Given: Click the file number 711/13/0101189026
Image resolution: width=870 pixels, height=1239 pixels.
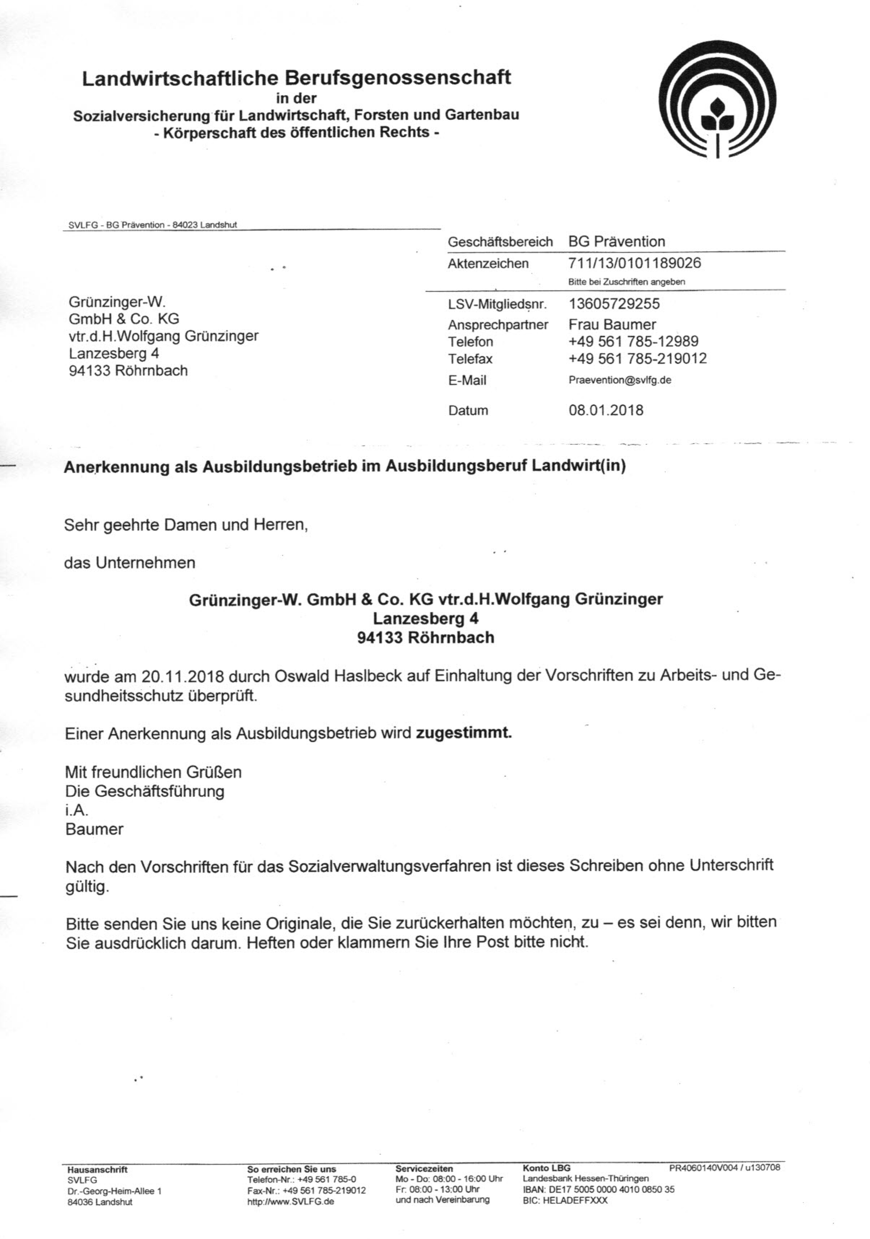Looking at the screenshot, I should point(635,263).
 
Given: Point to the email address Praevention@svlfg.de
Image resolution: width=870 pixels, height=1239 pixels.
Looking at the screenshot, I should point(620,380).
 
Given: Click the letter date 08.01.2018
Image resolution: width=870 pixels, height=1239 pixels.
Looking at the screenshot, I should point(606,410).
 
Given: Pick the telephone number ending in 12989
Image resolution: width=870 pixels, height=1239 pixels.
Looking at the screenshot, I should point(633,342).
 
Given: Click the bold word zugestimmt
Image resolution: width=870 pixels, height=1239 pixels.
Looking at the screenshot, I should point(463,733).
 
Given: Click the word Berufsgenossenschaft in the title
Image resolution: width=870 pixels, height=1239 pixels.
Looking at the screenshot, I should point(397,78).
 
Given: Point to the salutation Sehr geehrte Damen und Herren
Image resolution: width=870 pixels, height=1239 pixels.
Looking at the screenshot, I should point(186,525).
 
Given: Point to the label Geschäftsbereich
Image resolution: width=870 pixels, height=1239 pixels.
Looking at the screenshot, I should point(500,242).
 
